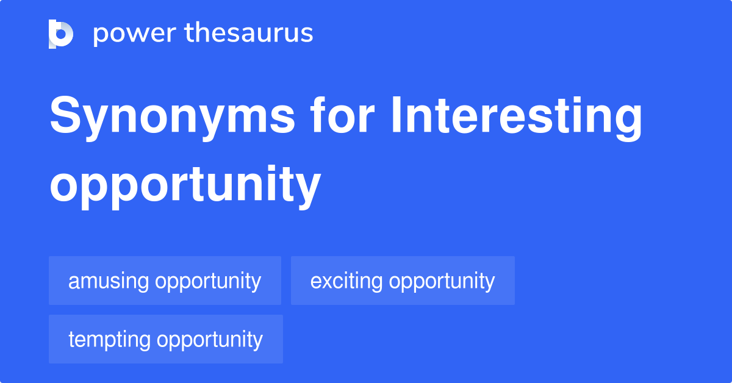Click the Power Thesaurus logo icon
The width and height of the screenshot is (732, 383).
[x=61, y=34]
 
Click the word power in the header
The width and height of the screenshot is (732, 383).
[x=135, y=34]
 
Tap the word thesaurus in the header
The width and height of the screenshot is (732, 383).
[x=249, y=32]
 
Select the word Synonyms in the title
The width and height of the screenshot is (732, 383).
[x=172, y=118]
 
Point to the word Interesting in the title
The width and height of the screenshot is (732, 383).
[x=517, y=118]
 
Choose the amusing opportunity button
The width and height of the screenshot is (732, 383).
[x=165, y=281]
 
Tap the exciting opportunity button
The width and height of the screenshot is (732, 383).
[x=403, y=281]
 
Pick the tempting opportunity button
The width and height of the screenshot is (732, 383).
[x=166, y=339]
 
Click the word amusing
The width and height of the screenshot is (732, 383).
[x=109, y=281]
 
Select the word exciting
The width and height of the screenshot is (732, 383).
[x=346, y=281]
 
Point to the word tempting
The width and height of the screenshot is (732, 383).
[x=109, y=340]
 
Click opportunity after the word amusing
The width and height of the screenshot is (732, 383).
[x=208, y=281]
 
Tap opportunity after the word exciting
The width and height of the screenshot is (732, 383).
[x=442, y=281]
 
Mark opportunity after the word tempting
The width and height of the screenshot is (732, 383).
[x=209, y=340]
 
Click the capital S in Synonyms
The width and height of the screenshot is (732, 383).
[x=65, y=115]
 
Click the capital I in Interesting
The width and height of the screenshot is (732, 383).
[x=396, y=115]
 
